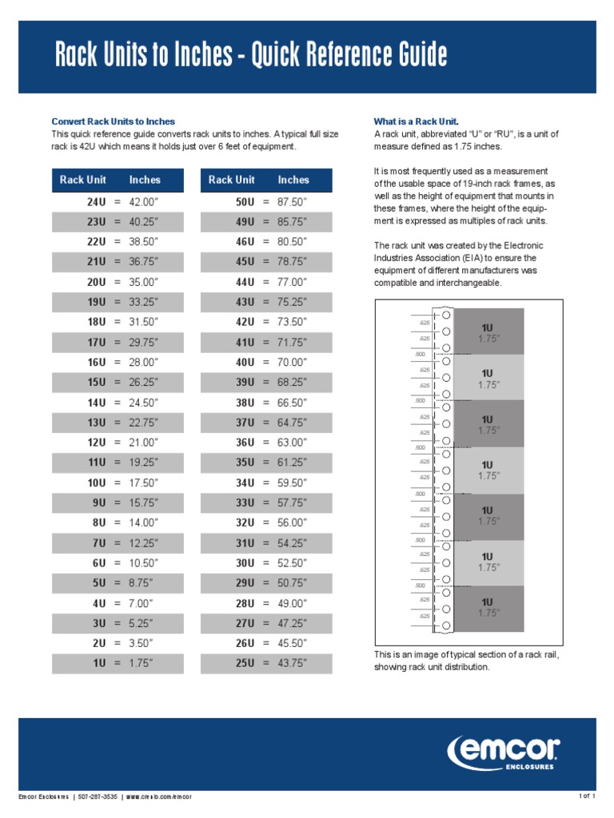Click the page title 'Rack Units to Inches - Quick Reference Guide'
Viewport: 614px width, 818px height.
pos(251,57)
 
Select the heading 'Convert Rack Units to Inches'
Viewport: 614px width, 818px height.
pos(113,121)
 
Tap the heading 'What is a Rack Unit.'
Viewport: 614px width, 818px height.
pos(417,121)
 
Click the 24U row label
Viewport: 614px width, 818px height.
pos(96,202)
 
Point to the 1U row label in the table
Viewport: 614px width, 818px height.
pos(98,663)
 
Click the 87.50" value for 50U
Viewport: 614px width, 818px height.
pos(291,202)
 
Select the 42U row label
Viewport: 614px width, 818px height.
pos(245,322)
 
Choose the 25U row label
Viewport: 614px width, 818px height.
pos(245,663)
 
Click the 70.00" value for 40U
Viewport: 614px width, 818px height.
pos(291,362)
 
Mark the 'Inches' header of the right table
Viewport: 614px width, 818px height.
pos(293,180)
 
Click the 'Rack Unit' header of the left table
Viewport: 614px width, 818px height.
pos(82,180)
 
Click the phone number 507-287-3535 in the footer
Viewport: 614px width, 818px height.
pos(98,796)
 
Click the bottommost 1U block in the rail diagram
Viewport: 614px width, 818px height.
pos(488,608)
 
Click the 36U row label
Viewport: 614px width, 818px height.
pos(245,443)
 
